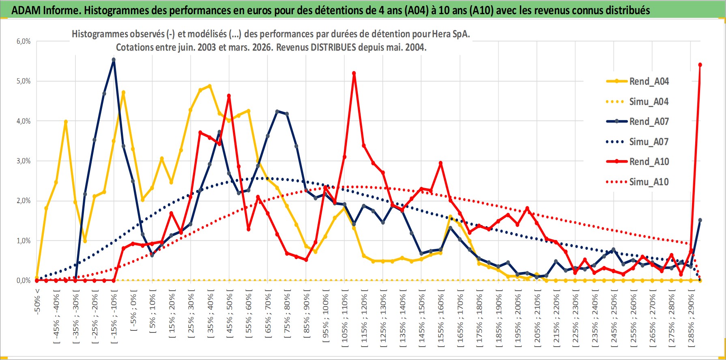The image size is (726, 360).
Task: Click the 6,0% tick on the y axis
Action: point(24,41)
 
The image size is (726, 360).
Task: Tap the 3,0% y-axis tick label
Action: point(24,161)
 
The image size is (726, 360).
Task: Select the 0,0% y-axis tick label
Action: point(24,281)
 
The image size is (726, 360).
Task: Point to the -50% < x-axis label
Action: point(37,300)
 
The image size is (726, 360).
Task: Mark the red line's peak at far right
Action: point(700,65)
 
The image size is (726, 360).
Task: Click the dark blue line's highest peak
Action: point(114,60)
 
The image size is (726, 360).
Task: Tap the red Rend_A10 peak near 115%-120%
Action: point(354,73)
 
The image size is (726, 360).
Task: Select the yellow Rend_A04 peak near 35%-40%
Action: point(210,86)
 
